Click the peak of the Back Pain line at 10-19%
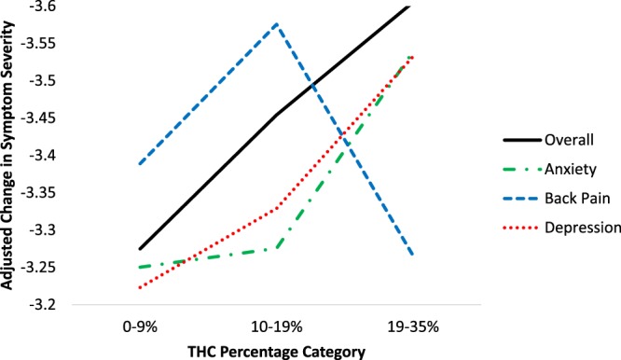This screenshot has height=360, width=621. (277, 23)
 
